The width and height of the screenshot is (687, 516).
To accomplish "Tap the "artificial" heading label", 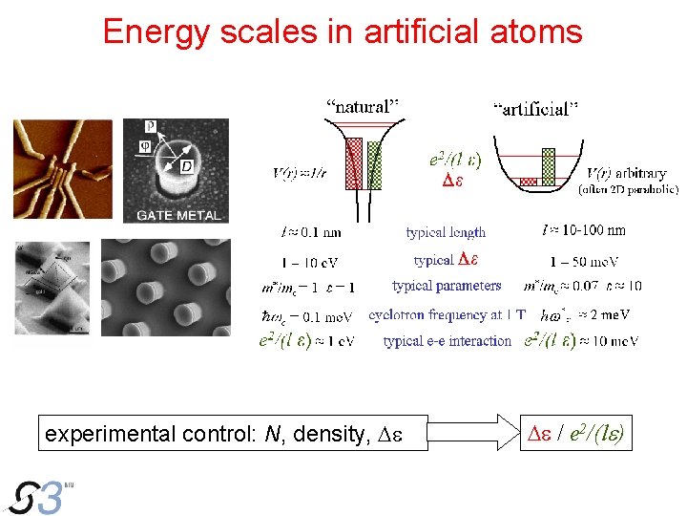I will point(535,109).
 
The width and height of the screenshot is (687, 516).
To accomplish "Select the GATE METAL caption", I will point(177,215).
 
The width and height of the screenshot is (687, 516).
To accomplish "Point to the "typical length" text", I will point(446,232).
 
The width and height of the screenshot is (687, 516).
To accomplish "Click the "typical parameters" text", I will point(447,286).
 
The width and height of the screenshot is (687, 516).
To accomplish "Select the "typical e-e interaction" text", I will point(447,341).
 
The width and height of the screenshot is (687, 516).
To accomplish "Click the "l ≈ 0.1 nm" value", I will point(311,232).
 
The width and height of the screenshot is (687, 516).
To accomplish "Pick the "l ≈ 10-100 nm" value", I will point(584,230).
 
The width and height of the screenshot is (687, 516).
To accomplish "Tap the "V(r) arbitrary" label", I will point(626,174).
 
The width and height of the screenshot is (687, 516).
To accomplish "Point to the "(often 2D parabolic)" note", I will point(629,189).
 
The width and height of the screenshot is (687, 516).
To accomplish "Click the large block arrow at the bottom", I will point(465,432).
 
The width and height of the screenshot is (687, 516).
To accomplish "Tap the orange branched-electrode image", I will point(62,169).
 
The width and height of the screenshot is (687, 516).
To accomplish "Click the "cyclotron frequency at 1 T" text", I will point(447,314).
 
